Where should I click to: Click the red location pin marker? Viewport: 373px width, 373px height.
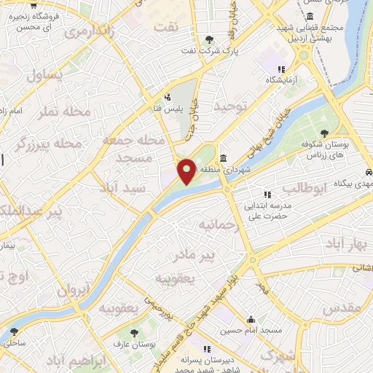[186, 171]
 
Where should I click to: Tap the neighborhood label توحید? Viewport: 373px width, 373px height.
[231, 106]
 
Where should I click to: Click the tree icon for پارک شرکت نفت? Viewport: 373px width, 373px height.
[210, 39]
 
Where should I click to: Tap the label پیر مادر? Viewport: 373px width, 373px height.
[195, 256]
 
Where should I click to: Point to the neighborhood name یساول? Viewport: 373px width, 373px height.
[45, 75]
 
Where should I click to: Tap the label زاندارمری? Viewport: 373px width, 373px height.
[90, 31]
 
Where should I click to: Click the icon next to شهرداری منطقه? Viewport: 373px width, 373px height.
[222, 159]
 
